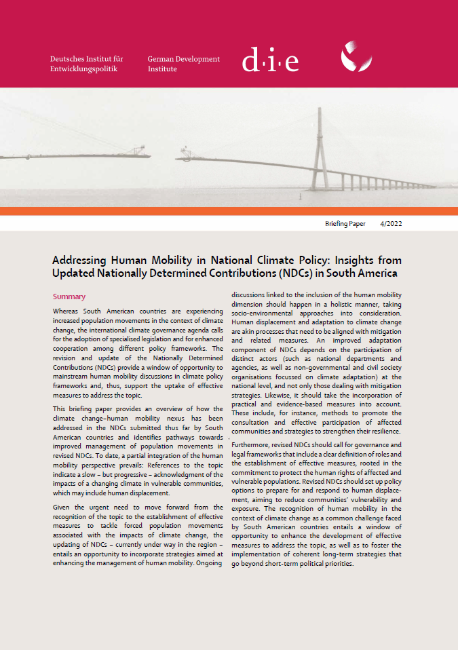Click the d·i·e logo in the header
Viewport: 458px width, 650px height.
[270, 62]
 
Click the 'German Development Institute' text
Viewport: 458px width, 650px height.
[183, 64]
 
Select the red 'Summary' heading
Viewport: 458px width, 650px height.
[69, 297]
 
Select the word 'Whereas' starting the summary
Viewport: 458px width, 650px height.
[66, 311]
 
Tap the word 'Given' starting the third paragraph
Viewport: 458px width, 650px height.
[62, 507]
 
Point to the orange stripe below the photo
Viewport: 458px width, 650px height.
[229, 211]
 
